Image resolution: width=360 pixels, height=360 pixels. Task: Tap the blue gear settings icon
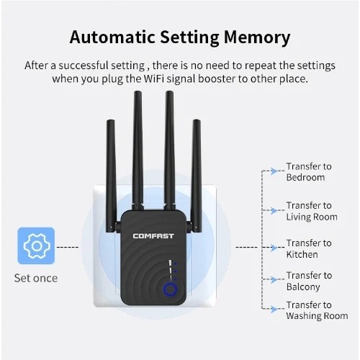pos(35,246)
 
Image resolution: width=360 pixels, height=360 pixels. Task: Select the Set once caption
pos(35,278)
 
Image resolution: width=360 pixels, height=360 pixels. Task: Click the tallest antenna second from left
pos(138,144)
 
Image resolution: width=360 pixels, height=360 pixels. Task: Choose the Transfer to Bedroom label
pos(308,171)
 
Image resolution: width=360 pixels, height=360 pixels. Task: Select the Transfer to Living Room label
pos(311,211)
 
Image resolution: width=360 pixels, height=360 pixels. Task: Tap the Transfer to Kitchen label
pos(308,249)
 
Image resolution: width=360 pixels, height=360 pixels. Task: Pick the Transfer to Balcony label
pos(308,281)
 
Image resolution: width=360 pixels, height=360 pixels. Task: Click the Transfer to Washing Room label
pos(316,310)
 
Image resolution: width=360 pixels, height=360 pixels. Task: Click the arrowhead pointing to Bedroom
pos(274,171)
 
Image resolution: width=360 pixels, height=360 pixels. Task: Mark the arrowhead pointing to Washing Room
pos(274,310)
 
